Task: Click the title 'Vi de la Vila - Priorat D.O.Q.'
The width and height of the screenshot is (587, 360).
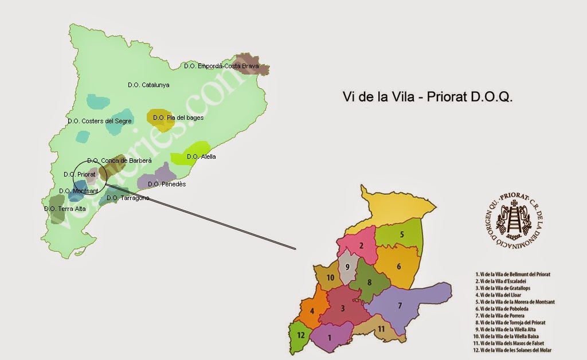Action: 418,97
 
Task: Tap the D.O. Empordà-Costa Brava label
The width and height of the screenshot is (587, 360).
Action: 221,66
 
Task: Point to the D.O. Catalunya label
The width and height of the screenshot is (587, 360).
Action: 148,85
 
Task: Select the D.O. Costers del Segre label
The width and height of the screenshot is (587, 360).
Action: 99,121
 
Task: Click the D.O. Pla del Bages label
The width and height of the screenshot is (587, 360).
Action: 178,118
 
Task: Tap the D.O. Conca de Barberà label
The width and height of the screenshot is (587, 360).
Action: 119,161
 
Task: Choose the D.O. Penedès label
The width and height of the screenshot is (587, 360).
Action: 167,184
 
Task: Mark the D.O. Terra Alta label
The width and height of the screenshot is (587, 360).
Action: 65,209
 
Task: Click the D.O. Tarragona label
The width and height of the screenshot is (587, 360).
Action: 128,198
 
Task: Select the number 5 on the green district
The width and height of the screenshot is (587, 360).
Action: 402,234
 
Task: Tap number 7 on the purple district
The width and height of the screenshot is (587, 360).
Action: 400,305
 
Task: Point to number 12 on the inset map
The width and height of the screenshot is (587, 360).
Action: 300,335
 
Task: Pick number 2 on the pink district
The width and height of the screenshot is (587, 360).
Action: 361,246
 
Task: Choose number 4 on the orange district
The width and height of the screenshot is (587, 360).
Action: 312,311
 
